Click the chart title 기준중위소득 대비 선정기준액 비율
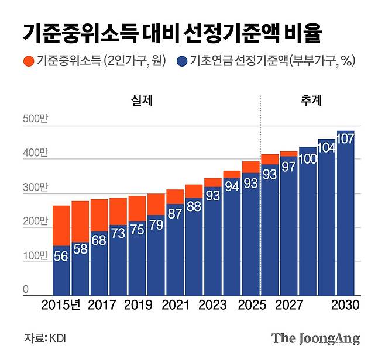173,32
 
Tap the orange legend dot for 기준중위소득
28,60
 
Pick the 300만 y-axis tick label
35,188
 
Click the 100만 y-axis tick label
35,256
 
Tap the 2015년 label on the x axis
61,305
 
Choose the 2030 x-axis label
346,305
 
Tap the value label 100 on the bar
308,158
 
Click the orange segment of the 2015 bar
61,225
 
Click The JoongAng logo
315,339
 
